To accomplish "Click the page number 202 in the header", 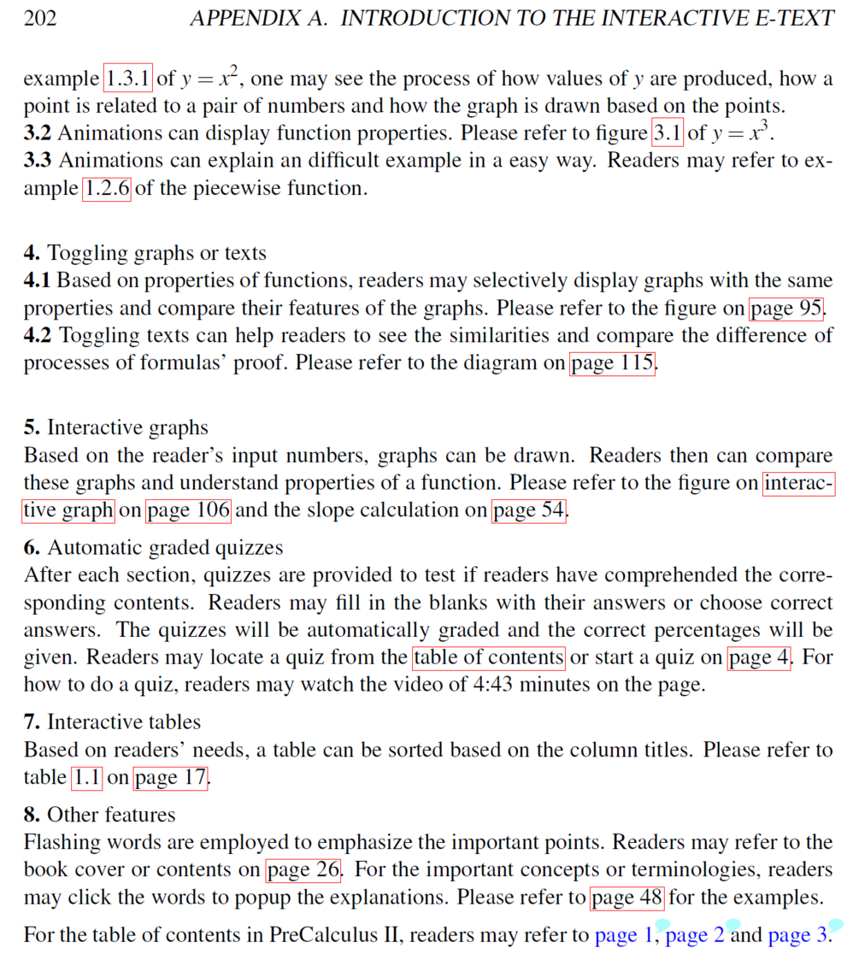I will [x=40, y=18].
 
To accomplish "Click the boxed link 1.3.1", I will [x=128, y=79].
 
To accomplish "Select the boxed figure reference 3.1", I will [x=668, y=133].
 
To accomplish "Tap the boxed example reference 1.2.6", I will [x=107, y=188].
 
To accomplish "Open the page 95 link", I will [x=786, y=308].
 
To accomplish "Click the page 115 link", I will [x=613, y=362].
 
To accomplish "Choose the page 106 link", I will [x=189, y=510].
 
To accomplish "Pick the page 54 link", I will [x=528, y=510].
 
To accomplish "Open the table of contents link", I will [x=489, y=657].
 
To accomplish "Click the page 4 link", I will [x=759, y=657].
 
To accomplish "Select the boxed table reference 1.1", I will [x=87, y=777].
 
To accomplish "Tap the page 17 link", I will [x=170, y=777].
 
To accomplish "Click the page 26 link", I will [x=303, y=870].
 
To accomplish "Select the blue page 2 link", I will [x=695, y=934].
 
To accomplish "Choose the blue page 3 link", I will [x=797, y=934].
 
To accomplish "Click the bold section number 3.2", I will [x=38, y=133].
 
